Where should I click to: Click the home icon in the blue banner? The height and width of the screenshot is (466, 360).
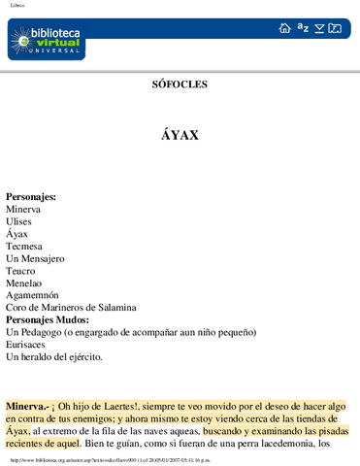(284, 29)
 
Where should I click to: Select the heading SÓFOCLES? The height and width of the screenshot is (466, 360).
(180, 84)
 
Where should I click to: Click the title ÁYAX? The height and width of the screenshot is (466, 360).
(180, 135)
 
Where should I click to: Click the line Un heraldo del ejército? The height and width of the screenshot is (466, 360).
(53, 357)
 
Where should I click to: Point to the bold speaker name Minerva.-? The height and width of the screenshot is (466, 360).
(29, 405)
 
